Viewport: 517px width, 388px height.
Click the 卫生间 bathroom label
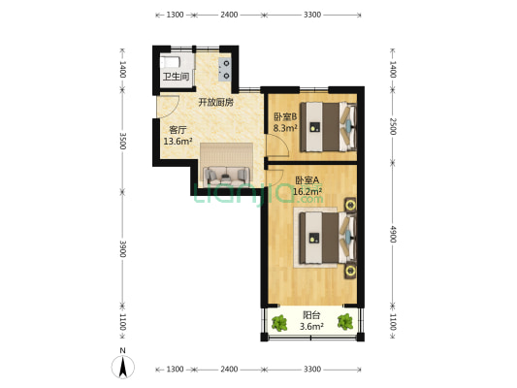(177, 77)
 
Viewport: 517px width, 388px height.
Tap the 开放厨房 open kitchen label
(216, 102)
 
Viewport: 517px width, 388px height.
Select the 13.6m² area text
(178, 142)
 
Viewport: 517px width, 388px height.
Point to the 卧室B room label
(285, 116)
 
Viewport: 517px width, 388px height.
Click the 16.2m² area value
(307, 191)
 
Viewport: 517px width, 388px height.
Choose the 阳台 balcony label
(311, 315)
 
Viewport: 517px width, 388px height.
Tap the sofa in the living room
(226, 176)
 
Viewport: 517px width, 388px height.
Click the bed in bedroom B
(329, 127)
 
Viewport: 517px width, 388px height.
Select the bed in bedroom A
(329, 238)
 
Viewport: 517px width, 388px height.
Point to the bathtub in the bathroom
(170, 62)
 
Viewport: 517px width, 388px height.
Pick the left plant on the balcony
(279, 323)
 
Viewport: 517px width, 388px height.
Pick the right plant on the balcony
(345, 322)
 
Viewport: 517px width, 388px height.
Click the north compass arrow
(123, 369)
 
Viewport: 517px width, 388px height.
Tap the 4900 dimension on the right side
(393, 234)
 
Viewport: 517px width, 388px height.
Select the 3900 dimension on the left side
(122, 248)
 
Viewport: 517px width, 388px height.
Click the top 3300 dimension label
(312, 15)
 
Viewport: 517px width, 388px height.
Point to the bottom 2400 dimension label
(229, 370)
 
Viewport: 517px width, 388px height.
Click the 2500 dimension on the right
(393, 126)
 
